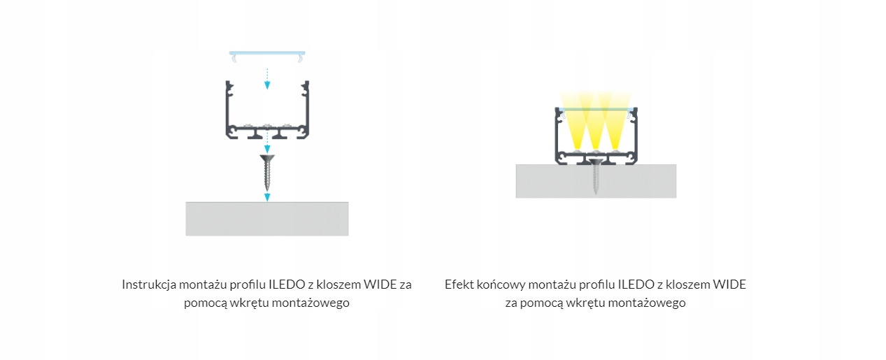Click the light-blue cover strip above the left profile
point(267,53)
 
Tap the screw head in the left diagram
point(266,160)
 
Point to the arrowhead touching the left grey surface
point(266,197)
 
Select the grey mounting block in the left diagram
point(266,219)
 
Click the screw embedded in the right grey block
point(595,177)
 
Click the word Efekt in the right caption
point(458,285)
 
